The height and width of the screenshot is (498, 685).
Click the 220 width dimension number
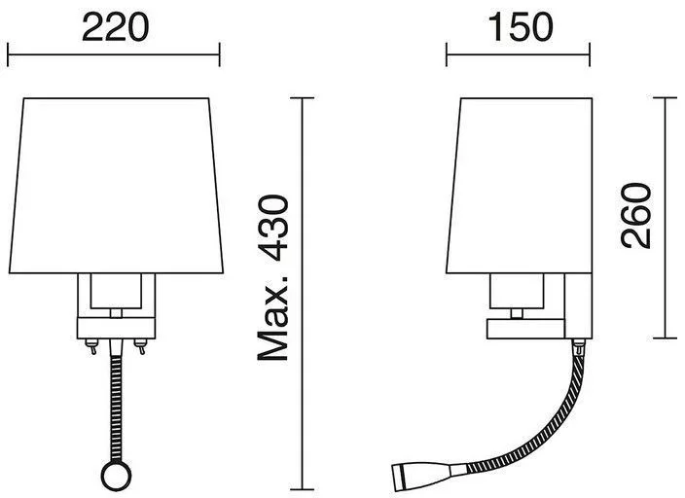pyautogui.click(x=116, y=28)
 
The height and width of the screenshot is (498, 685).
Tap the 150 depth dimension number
pyautogui.click(x=521, y=28)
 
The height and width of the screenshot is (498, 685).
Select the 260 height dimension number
pyautogui.click(x=636, y=216)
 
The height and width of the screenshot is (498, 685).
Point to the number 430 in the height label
pyautogui.click(x=273, y=228)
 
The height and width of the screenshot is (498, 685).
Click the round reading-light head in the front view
pyautogui.click(x=116, y=475)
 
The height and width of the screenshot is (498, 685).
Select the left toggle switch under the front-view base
pyautogui.click(x=91, y=346)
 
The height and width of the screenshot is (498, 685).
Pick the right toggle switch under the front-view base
pyautogui.click(x=140, y=346)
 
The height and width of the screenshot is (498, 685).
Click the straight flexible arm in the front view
pyautogui.click(x=116, y=407)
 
